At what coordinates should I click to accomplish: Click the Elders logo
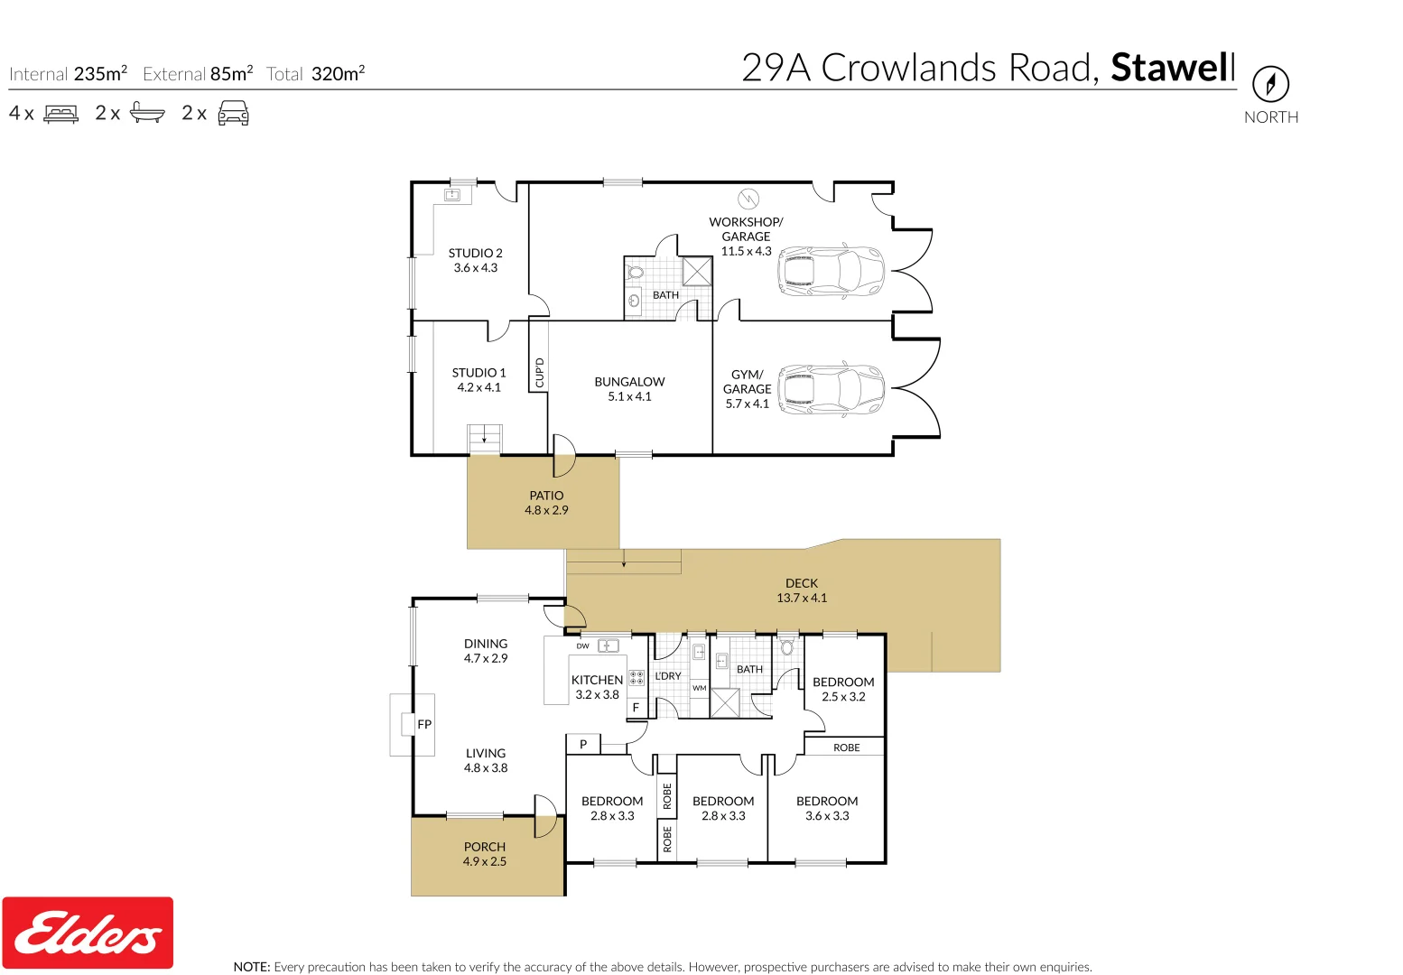(88, 933)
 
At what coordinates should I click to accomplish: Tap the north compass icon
(1270, 85)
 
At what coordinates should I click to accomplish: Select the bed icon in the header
(61, 114)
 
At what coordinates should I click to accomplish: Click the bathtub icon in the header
(147, 114)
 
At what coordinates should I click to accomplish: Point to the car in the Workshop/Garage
(831, 271)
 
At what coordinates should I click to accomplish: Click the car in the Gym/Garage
(831, 389)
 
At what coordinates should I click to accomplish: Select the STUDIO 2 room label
(475, 254)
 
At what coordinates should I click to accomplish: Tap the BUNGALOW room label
(629, 382)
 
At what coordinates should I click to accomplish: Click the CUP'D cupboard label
(539, 373)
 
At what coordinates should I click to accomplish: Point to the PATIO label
(546, 496)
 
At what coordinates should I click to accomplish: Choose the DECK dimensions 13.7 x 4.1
(802, 599)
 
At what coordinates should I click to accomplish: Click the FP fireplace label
(424, 724)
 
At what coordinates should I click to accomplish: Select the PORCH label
(485, 847)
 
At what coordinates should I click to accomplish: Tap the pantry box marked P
(583, 745)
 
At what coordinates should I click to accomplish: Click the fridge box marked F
(636, 708)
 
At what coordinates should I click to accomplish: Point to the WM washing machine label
(700, 688)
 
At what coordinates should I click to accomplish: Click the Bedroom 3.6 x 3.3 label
(827, 802)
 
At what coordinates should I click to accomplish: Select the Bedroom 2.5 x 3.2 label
(843, 682)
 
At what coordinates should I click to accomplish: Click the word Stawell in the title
(1172, 69)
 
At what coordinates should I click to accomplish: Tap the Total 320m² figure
(337, 74)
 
